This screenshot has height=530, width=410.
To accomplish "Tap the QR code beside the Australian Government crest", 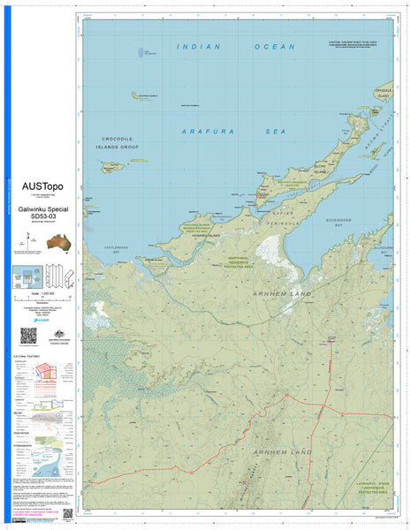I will click(x=28, y=337).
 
